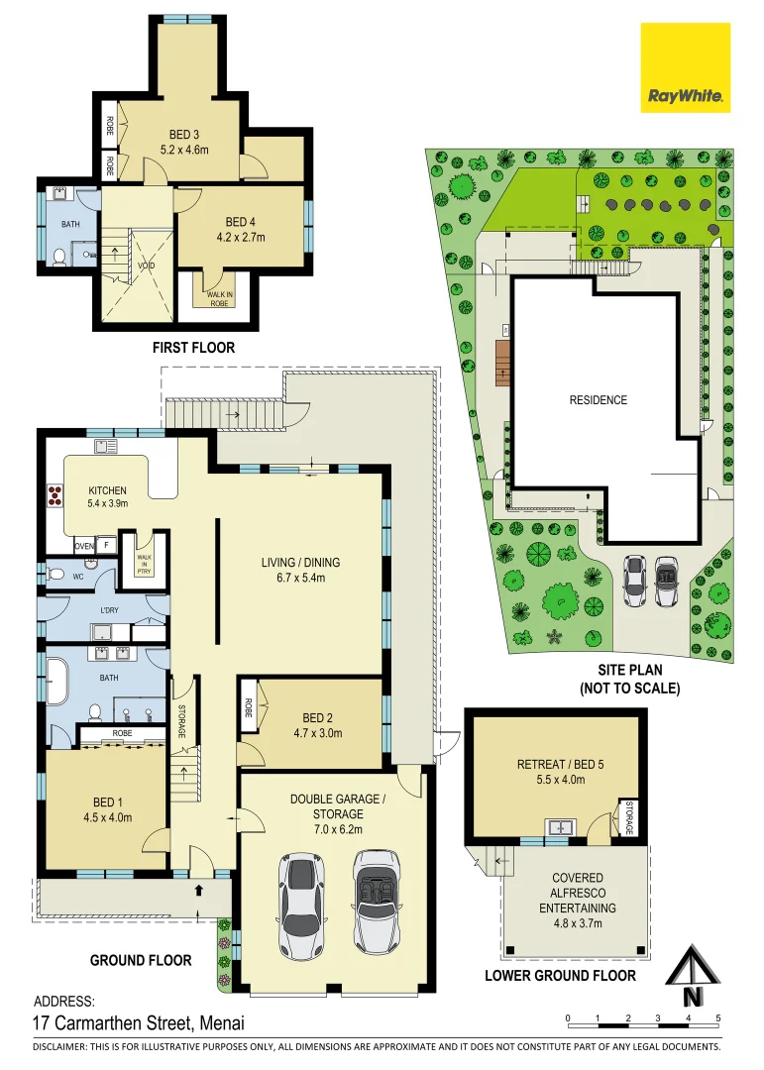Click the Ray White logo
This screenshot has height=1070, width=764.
(685, 67)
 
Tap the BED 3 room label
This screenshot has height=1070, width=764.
(184, 135)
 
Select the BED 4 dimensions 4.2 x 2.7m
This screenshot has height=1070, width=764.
(241, 238)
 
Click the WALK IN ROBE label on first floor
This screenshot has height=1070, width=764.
(219, 299)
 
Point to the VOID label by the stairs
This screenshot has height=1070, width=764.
(146, 266)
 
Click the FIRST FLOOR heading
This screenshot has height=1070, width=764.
(193, 348)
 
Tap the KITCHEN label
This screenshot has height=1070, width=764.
(107, 490)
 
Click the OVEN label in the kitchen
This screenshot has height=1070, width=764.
(84, 547)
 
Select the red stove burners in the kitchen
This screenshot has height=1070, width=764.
(54, 495)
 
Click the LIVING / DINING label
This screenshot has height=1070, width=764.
(300, 563)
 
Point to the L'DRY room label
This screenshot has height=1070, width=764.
(109, 610)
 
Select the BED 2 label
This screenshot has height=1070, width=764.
(317, 718)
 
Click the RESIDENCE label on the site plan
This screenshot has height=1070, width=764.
(599, 400)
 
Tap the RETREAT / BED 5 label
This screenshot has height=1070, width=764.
(561, 764)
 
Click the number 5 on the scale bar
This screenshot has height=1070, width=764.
(717, 1018)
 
